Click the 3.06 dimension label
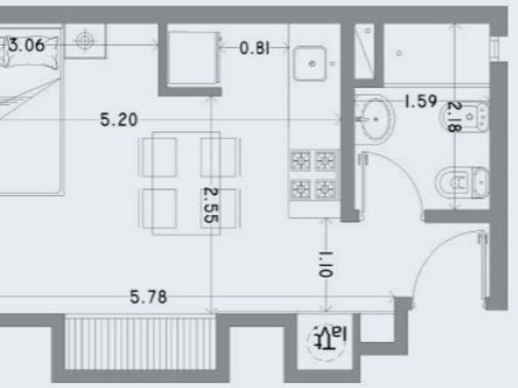pos(27,45)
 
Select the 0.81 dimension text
pos(254,48)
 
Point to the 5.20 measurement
pos(119,120)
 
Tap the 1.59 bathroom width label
pos(421,101)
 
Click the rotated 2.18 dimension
pos(454,116)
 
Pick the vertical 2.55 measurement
pos(210,205)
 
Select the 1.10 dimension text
pos(325,264)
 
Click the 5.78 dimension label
pos(148,297)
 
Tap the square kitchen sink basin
pos(310,63)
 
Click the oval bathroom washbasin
pos(376,120)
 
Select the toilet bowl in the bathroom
pos(462,183)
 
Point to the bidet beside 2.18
pos(465,116)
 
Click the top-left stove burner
pos(300,161)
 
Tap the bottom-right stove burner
pos(325,189)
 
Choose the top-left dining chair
pos(159,158)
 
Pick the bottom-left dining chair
pos(159,209)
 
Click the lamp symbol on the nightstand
pos(85,41)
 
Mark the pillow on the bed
pos(32,52)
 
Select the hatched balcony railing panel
pos(140,343)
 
